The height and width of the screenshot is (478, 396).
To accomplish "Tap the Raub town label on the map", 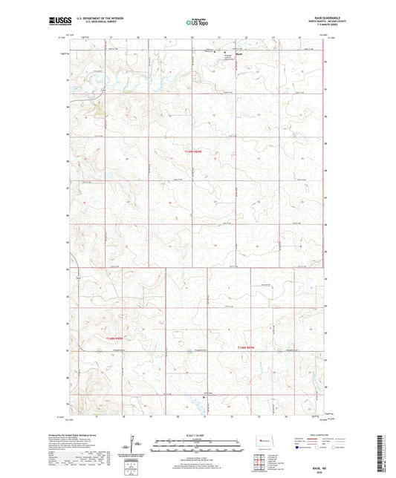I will pos(238,52).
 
